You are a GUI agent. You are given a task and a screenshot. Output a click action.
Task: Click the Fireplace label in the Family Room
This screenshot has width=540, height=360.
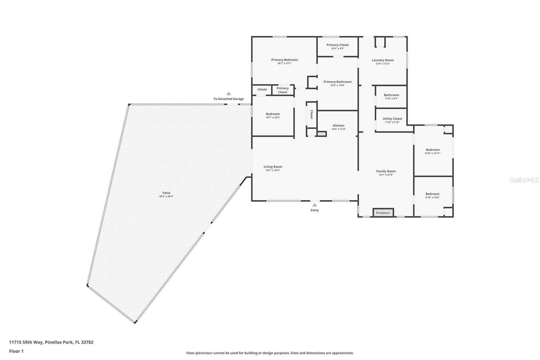point(383,213)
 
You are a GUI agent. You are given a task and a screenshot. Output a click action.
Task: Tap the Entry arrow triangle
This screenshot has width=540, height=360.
point(315,205)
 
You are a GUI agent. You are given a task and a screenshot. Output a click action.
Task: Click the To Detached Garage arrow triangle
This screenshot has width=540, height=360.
point(228,94)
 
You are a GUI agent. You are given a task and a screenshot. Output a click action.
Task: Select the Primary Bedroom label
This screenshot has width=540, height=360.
point(285,60)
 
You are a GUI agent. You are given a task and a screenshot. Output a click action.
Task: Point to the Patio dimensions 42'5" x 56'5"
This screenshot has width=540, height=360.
point(166,197)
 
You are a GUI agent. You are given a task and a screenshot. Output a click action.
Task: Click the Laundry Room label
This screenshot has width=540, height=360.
point(383,60)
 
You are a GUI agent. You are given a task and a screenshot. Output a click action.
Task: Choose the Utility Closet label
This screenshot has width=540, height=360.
point(392,119)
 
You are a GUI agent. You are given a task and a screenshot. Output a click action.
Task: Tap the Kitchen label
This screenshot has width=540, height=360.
point(339,126)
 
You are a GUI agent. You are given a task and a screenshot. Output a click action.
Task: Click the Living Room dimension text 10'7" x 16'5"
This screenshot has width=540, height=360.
point(273,171)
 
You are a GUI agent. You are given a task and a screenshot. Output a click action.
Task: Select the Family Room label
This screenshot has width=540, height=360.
point(386,171)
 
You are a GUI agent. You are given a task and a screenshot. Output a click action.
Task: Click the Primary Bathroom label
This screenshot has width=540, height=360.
point(337,82)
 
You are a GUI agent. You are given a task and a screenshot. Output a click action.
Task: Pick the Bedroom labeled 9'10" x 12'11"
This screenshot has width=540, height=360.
point(433,150)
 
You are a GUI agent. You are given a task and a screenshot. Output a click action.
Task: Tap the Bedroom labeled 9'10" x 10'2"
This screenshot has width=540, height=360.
point(432,194)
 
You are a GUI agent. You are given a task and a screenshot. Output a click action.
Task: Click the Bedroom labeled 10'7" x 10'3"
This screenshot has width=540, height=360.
point(273,114)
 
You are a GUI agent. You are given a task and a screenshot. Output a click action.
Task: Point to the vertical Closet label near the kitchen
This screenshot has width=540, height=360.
point(312,114)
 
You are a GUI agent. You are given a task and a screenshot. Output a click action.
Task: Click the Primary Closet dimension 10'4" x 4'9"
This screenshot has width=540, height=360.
point(337,49)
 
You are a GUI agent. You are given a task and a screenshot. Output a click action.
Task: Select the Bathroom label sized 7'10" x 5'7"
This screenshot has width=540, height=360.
point(391,95)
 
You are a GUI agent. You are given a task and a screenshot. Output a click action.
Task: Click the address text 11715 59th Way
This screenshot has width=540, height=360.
point(26,342)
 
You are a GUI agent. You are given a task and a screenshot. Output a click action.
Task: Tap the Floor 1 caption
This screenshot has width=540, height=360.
point(16,351)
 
